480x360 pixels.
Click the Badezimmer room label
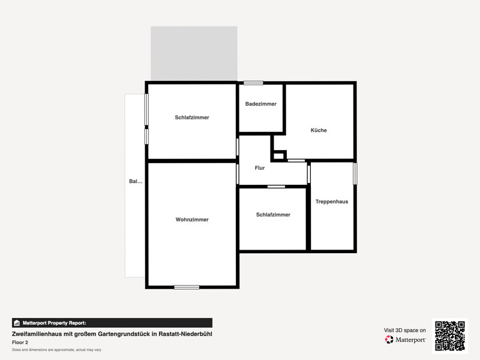(261, 104)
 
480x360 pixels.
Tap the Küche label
(319, 130)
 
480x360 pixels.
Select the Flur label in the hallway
(260, 168)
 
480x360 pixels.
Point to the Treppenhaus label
(332, 202)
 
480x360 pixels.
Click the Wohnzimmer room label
(192, 220)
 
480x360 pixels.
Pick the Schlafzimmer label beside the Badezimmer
(192, 118)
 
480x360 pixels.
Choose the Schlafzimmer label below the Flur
(273, 215)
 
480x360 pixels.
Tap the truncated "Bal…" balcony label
(136, 181)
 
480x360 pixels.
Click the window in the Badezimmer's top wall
(253, 83)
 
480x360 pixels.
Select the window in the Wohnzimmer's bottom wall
(187, 287)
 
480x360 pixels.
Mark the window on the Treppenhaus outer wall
(355, 173)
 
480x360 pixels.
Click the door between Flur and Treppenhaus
(308, 174)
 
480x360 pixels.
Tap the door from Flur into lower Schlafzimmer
(276, 187)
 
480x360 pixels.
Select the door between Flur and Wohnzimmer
(238, 174)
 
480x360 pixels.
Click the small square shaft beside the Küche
(279, 156)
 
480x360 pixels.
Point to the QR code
(450, 336)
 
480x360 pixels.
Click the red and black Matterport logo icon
(389, 340)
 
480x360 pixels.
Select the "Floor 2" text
(20, 343)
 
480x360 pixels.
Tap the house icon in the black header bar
(17, 323)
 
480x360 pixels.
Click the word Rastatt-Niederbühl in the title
(185, 334)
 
